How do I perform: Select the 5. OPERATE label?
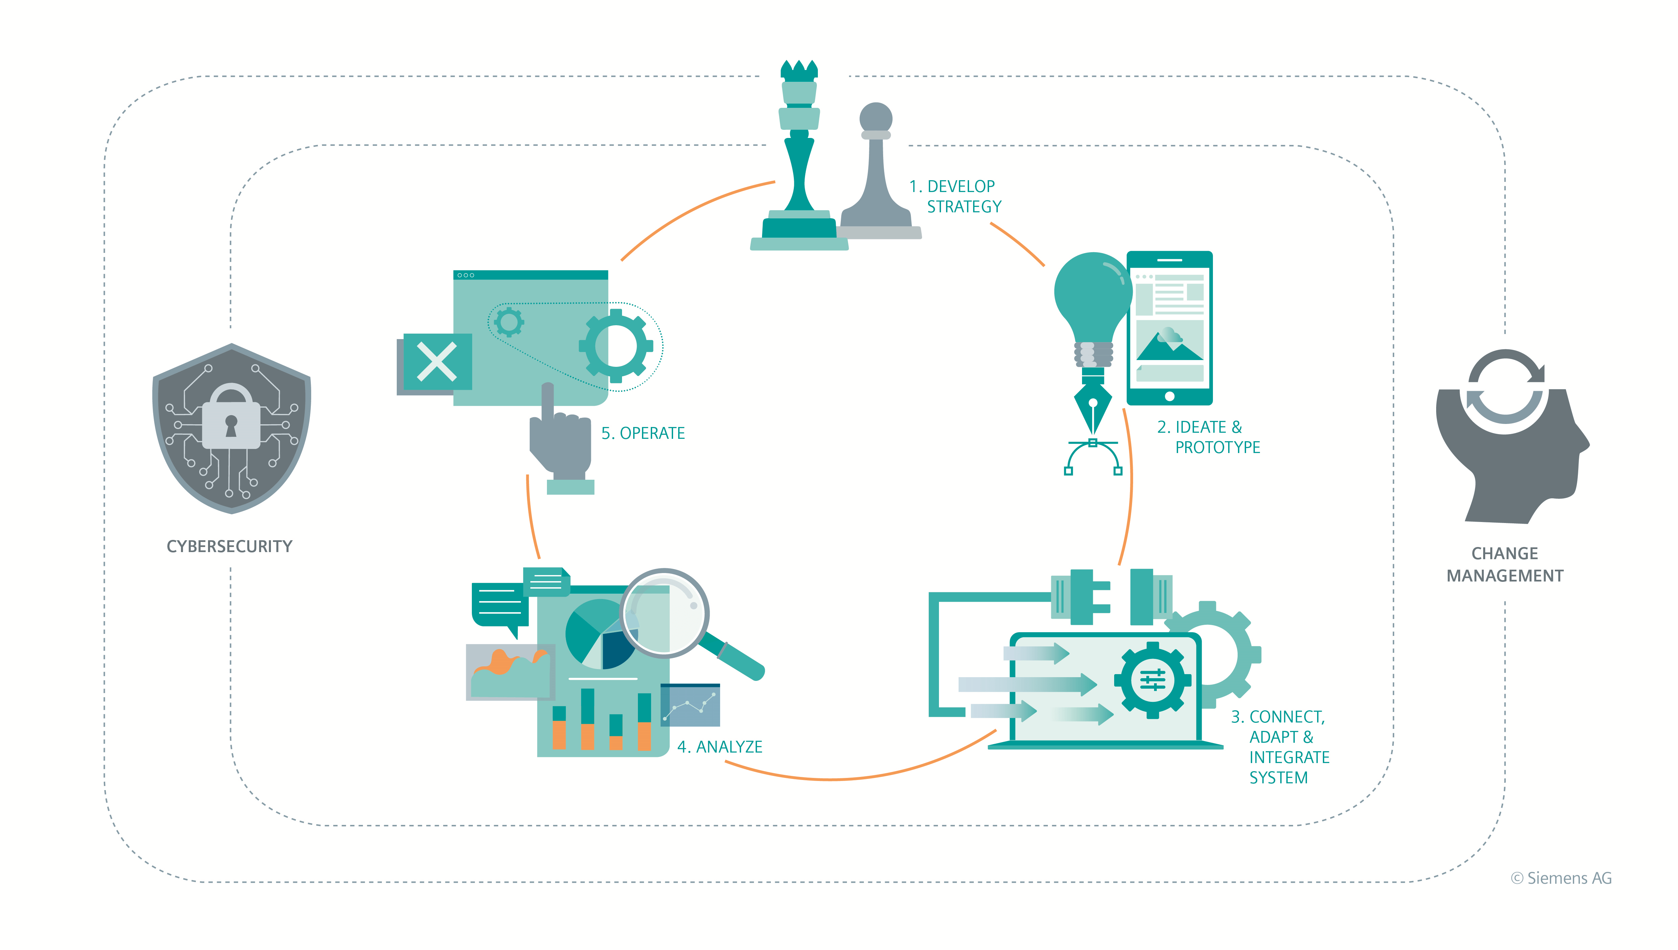(643, 433)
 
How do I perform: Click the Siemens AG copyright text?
(1561, 878)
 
